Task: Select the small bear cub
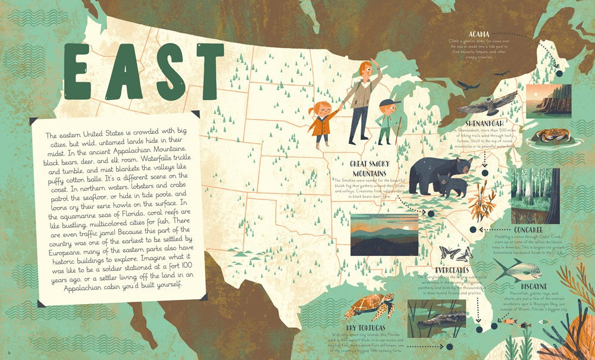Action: [452, 185]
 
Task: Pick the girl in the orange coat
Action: [322, 124]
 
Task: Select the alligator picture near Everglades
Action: [436, 318]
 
